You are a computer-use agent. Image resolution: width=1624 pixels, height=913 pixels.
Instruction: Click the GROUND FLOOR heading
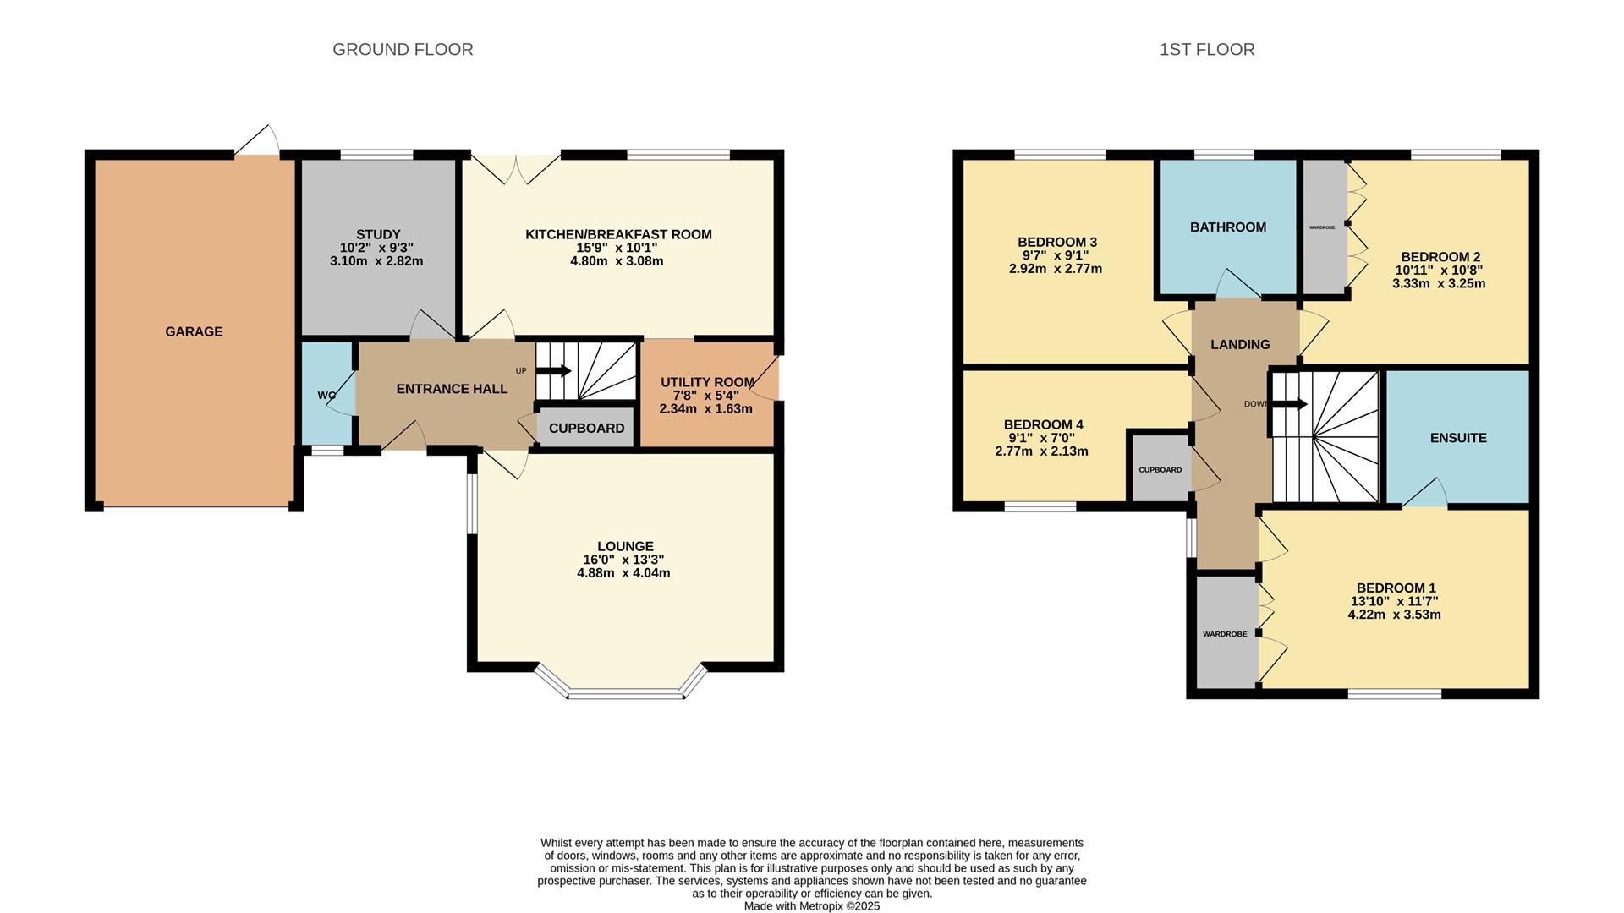(x=403, y=50)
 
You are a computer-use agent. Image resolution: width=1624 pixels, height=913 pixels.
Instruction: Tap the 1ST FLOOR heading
(x=1207, y=50)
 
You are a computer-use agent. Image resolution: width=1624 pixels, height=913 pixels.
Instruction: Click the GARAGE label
(x=194, y=331)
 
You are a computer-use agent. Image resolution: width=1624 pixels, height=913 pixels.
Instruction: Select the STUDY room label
(x=378, y=234)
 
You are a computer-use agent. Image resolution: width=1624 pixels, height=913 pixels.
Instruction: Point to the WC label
(x=326, y=395)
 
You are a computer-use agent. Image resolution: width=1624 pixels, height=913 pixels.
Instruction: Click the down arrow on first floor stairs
(x=1289, y=404)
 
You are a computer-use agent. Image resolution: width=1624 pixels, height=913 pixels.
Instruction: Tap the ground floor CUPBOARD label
(x=586, y=428)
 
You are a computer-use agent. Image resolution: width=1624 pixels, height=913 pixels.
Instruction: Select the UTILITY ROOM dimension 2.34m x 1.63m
(x=705, y=408)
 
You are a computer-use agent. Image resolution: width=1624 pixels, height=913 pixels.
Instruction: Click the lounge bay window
(x=625, y=694)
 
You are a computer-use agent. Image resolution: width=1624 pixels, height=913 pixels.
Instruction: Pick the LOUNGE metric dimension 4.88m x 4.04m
(x=623, y=572)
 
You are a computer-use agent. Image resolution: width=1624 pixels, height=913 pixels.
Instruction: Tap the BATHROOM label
(x=1227, y=227)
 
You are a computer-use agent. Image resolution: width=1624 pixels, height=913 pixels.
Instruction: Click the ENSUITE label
(x=1457, y=438)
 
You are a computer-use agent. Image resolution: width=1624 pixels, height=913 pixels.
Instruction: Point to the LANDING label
(x=1240, y=344)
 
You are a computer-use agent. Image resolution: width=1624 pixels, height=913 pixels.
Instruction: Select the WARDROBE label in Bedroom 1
(x=1225, y=633)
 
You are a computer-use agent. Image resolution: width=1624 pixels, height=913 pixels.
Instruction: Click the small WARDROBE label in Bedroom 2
(x=1321, y=227)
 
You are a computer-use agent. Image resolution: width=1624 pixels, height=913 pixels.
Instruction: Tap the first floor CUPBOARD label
(x=1160, y=469)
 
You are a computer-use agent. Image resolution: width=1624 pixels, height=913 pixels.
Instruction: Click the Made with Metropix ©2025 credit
(x=811, y=905)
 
